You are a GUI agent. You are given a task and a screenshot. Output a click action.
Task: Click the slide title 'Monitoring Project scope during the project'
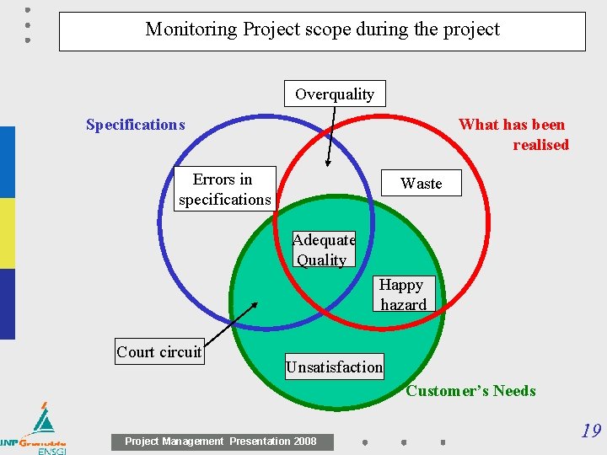click(x=322, y=29)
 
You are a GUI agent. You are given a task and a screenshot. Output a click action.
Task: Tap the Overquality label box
click(x=335, y=94)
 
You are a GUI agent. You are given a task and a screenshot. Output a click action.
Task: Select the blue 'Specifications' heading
click(x=135, y=125)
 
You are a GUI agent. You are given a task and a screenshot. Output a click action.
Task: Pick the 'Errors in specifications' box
click(x=224, y=189)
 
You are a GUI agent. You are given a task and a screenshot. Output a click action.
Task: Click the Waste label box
click(x=421, y=183)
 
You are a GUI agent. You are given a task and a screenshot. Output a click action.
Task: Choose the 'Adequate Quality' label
click(x=323, y=249)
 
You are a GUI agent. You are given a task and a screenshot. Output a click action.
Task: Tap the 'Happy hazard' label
click(x=402, y=294)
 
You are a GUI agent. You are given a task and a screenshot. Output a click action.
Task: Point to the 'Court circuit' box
click(x=159, y=351)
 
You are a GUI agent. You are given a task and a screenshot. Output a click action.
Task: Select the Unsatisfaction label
click(x=334, y=367)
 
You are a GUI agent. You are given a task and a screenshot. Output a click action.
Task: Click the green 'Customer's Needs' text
click(x=470, y=390)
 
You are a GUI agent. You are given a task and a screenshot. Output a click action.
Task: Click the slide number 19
click(x=591, y=431)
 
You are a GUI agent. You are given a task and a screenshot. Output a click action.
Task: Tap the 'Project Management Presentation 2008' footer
click(x=221, y=442)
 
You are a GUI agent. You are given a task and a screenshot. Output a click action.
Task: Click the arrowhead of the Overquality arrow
click(x=328, y=164)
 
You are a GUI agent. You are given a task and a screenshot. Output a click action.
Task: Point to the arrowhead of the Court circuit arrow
click(x=254, y=304)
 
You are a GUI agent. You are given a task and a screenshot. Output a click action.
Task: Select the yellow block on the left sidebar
click(x=7, y=233)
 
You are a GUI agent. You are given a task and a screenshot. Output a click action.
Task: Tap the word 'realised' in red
click(x=540, y=145)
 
